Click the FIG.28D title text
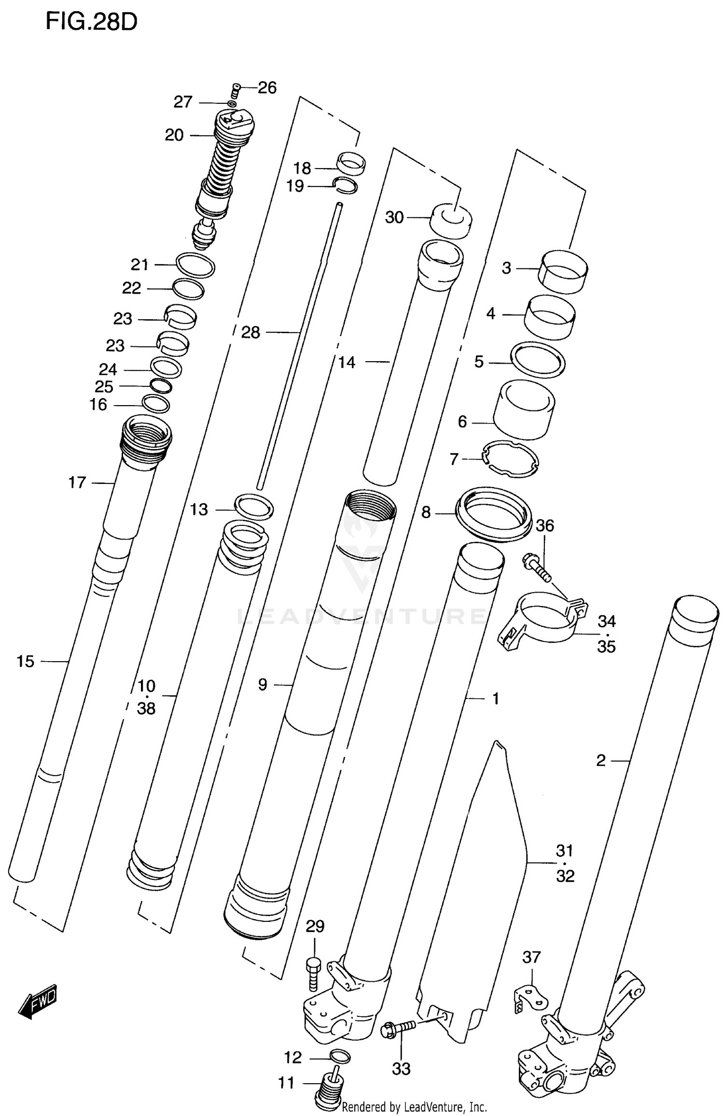91,22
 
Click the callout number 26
267,88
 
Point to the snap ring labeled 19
346,185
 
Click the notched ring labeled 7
511,459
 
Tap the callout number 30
394,217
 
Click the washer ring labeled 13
254,507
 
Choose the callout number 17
77,482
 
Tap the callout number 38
146,708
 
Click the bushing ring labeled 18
351,163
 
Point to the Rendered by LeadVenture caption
414,1106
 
